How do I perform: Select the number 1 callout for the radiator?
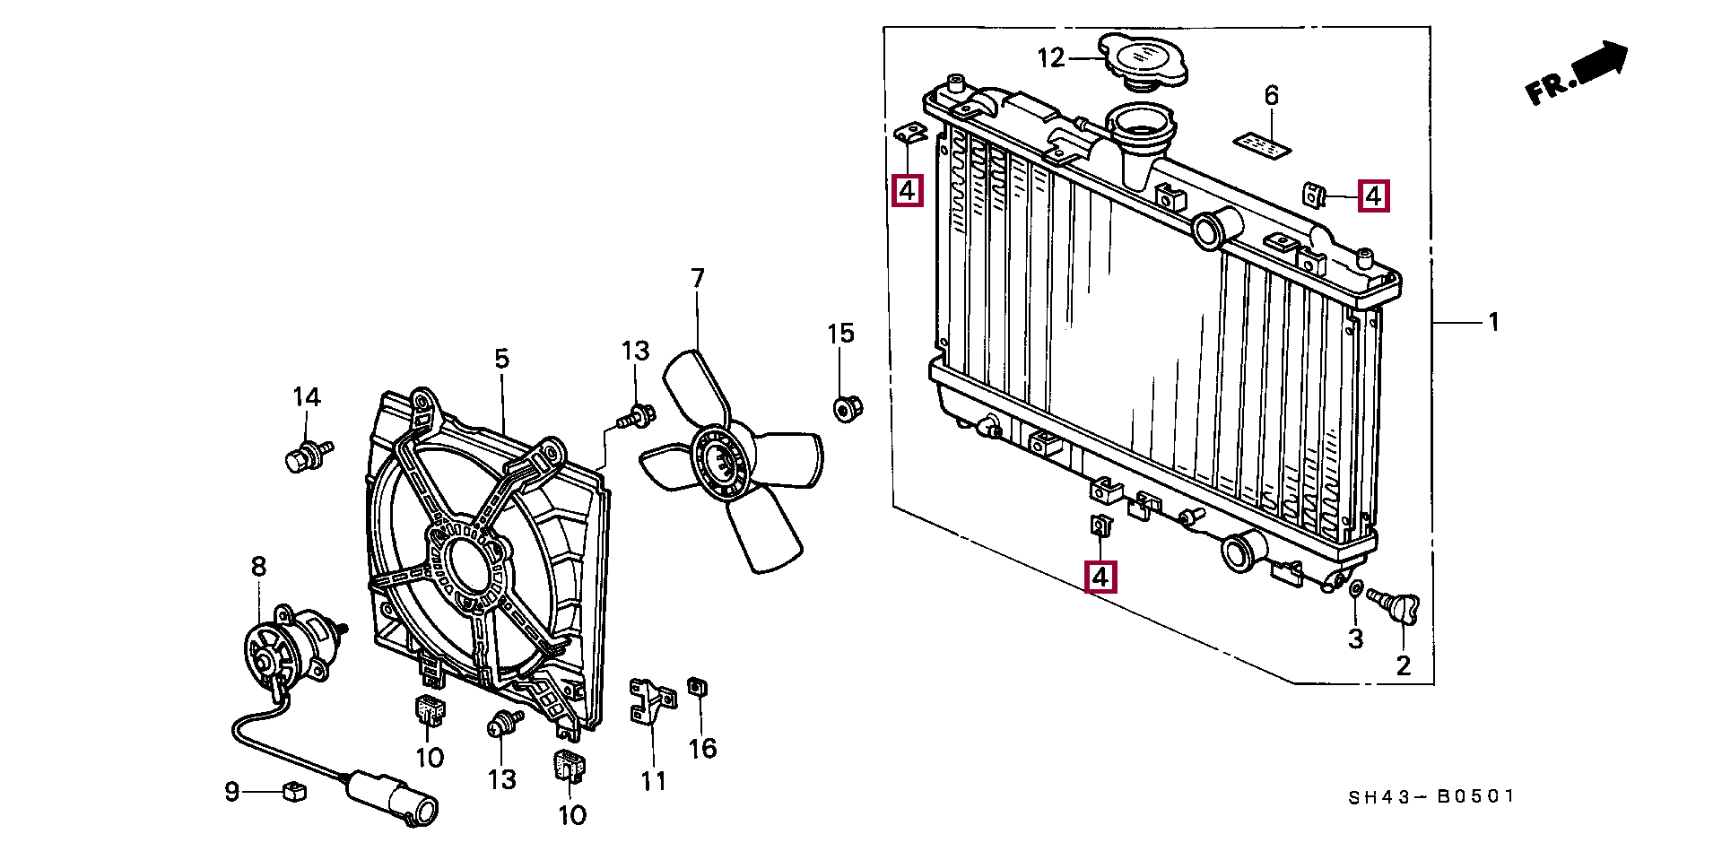coord(1494,321)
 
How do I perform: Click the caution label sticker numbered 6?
coord(1263,145)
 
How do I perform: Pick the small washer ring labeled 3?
coord(1356,588)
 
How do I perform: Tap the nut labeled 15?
coord(846,408)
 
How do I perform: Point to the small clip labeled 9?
coord(294,791)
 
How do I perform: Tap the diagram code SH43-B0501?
coord(1431,796)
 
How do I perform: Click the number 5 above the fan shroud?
coord(501,359)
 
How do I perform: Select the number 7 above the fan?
coord(698,279)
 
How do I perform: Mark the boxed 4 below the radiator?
coord(1100,577)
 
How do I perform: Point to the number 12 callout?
coord(1051,58)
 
